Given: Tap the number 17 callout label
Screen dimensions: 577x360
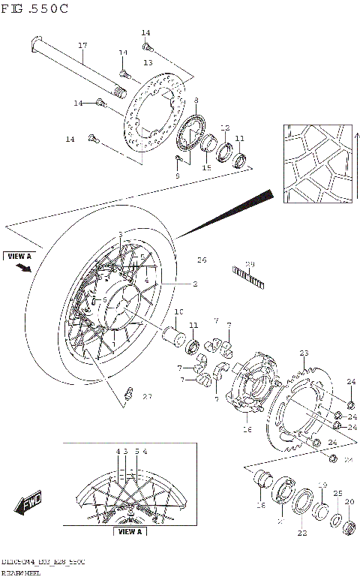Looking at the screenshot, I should coord(82,46).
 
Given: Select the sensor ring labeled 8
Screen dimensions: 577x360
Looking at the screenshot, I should coord(192,134).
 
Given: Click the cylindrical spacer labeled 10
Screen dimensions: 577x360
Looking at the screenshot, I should coord(176,333).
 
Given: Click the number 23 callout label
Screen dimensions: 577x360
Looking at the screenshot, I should coord(303,353).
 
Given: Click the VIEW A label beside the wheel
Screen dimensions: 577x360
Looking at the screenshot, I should coord(19,256).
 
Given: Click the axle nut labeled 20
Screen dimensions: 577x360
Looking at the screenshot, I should coord(349,525).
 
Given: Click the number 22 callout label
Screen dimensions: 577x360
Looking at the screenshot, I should coord(302,533).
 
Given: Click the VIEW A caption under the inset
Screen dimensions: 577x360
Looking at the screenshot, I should coord(130,532).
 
